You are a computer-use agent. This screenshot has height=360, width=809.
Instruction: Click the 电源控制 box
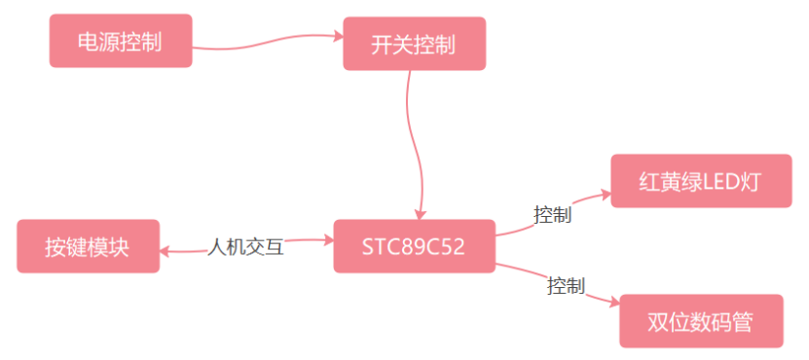pos(121,42)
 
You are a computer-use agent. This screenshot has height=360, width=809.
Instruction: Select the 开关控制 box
pos(414,44)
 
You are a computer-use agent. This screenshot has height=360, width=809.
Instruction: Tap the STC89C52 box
pos(414,246)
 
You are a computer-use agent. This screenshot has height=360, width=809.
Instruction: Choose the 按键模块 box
pos(88,246)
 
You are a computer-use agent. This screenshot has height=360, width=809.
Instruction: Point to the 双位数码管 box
pos(701,321)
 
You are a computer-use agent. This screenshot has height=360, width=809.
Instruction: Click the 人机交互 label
pos(246,247)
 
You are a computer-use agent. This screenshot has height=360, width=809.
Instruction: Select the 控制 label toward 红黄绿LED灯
pos(552,214)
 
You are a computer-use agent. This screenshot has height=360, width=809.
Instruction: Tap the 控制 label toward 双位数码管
pos(566,286)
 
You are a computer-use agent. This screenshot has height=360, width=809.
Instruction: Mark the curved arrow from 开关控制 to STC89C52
pos(416,136)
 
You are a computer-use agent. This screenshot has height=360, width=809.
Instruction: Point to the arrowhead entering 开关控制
pos(340,36)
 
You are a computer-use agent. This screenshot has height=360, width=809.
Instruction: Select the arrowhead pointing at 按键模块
pos(165,251)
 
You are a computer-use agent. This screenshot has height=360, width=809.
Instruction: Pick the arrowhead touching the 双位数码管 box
pos(614,306)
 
